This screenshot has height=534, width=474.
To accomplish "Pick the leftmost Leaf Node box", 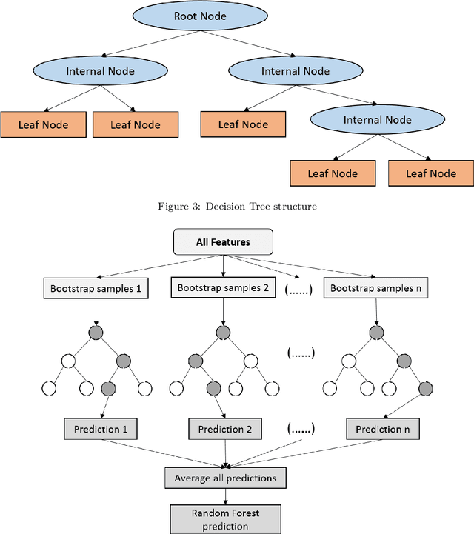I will pos(43,124).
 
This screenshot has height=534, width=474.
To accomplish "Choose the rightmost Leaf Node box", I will pos(431,173).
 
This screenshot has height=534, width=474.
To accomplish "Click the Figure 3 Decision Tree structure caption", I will pos(237,207).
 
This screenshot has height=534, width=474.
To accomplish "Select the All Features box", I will pos(223,241).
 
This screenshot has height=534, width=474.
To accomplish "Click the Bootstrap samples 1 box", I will pos(95,288).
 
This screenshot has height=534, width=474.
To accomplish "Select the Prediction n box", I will pos(381,429).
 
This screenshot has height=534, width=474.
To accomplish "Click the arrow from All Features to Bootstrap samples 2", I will pos(223,265).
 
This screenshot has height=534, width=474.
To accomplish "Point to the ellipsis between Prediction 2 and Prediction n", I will pos(300,429).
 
